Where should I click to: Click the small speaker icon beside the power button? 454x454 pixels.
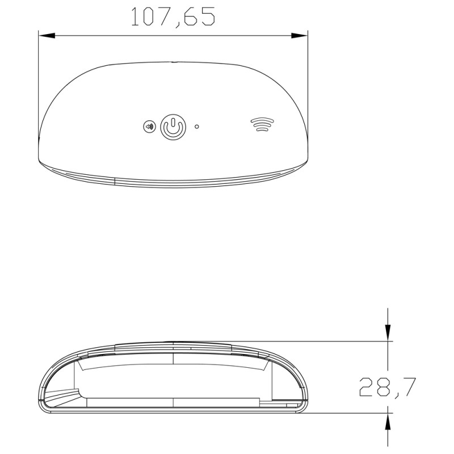click(149, 127)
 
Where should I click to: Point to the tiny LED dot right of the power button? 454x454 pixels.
click(197, 127)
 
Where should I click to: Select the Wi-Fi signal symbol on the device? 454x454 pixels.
click(261, 124)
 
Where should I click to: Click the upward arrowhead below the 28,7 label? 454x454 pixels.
click(388, 421)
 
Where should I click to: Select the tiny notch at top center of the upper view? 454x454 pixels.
click(174, 61)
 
